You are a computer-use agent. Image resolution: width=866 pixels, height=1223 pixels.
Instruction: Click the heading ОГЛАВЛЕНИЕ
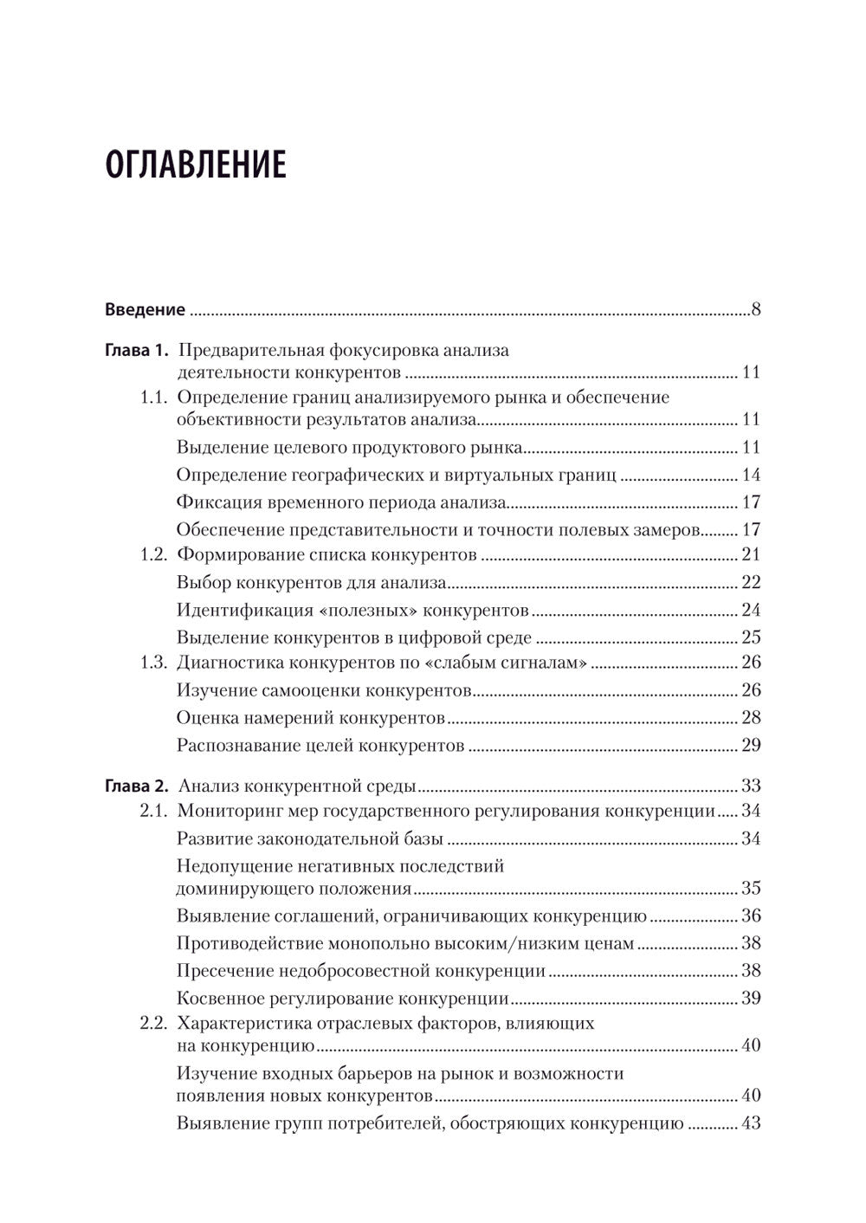pos(196,165)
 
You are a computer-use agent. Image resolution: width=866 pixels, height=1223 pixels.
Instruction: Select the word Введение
pos(145,309)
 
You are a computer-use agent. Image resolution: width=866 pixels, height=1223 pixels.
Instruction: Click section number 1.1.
pos(153,398)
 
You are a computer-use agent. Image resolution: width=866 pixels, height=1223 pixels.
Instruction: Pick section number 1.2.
pos(153,554)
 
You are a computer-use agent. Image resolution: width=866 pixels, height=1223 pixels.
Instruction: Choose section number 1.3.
pos(153,663)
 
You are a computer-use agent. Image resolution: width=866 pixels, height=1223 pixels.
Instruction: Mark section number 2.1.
pos(153,812)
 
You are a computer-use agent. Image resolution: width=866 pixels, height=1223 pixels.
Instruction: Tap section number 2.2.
pos(153,1023)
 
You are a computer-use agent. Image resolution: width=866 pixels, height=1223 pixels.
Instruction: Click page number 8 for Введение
pos(756,309)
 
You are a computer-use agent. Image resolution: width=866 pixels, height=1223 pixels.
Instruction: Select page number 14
pos(751,475)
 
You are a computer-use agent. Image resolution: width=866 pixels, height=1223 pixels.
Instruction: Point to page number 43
pos(751,1124)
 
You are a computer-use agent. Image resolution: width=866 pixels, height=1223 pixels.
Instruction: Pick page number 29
pos(751,745)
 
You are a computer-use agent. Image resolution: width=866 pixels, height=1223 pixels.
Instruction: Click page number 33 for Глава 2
pos(751,786)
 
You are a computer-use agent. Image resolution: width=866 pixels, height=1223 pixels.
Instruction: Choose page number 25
pos(751,637)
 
